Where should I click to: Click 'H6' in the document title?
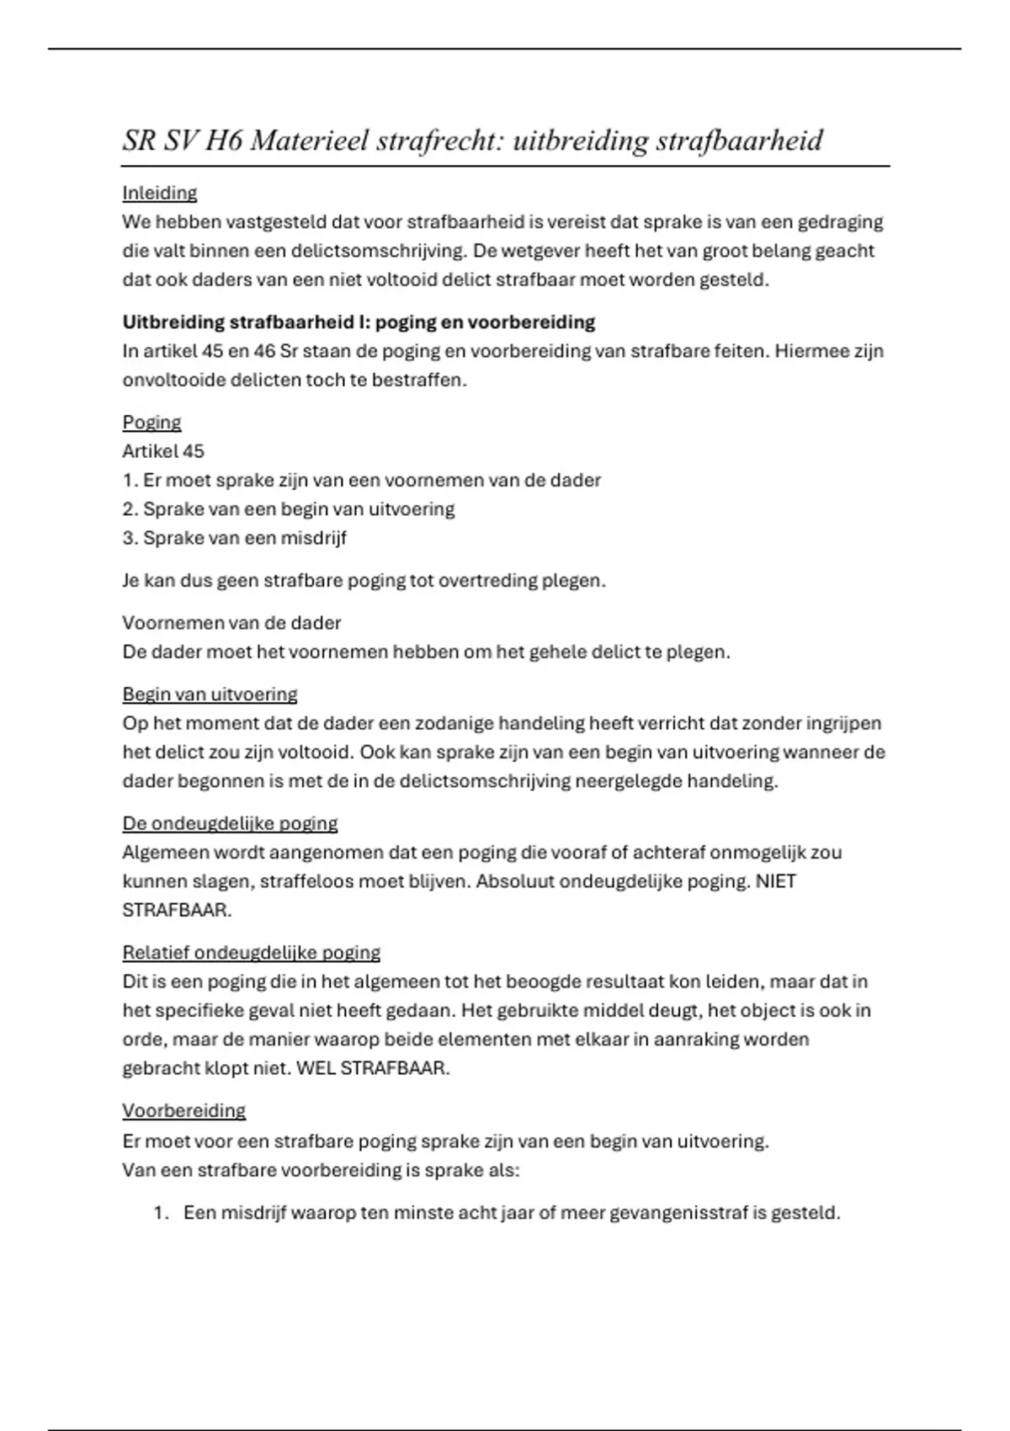223,141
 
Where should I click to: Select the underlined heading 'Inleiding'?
160,193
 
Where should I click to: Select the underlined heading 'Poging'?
151,423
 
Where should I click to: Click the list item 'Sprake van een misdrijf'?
244,538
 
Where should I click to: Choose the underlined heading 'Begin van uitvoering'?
210,694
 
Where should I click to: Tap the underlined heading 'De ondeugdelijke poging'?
230,823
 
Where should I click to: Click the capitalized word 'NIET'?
776,881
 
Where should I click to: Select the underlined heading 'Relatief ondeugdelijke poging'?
251,953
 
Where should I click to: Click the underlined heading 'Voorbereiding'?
183,1111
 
